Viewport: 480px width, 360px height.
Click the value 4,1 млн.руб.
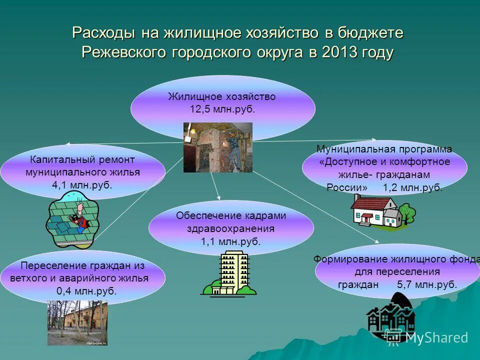point(82,184)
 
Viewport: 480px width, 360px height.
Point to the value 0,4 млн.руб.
point(86,291)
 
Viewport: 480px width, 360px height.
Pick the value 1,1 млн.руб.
point(230,241)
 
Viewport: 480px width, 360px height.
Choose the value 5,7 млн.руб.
point(427,284)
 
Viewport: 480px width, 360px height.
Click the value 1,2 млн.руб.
point(412,187)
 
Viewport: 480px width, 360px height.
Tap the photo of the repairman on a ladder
point(217,147)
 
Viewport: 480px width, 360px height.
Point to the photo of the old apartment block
point(77,322)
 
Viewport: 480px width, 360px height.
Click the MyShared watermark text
point(436,337)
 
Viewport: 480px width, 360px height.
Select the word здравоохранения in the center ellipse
point(230,228)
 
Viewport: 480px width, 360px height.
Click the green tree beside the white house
point(407,213)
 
